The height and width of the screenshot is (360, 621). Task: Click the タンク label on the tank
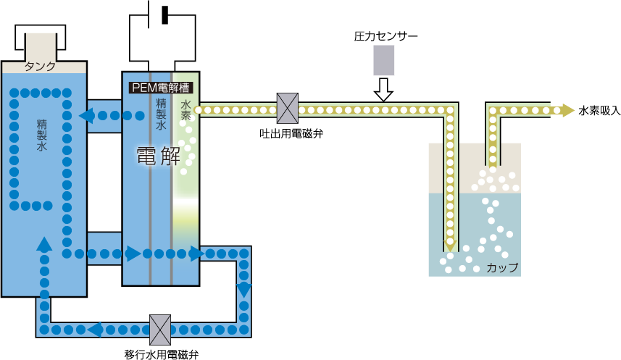coord(40,67)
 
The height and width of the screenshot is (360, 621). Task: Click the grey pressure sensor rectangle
coord(384,61)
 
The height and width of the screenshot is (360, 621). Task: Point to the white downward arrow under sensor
coord(383,90)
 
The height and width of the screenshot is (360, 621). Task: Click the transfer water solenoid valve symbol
coord(159,330)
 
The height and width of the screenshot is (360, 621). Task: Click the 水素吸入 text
coord(599,111)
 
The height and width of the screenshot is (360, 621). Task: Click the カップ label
coord(502,267)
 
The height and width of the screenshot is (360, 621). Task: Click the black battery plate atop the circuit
coord(164,14)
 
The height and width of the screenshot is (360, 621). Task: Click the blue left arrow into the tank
coord(86,115)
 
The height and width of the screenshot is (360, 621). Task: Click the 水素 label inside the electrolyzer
coord(186,112)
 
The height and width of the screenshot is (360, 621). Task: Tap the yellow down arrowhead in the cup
coord(450,246)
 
